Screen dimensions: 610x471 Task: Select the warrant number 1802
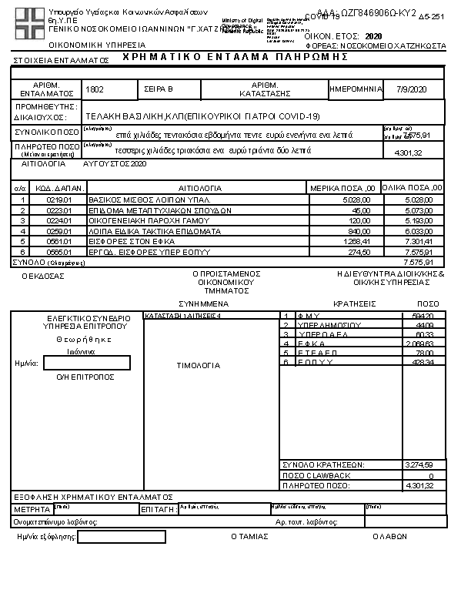point(95,90)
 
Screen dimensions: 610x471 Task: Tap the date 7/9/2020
point(411,90)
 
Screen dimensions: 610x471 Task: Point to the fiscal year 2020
point(373,36)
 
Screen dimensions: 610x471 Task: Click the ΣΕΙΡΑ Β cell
point(159,90)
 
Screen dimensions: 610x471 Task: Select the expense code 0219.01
point(58,199)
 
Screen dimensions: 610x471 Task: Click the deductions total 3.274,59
point(419,464)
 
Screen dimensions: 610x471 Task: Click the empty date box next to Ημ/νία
point(87,363)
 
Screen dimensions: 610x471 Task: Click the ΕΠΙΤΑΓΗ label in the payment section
point(159,510)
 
